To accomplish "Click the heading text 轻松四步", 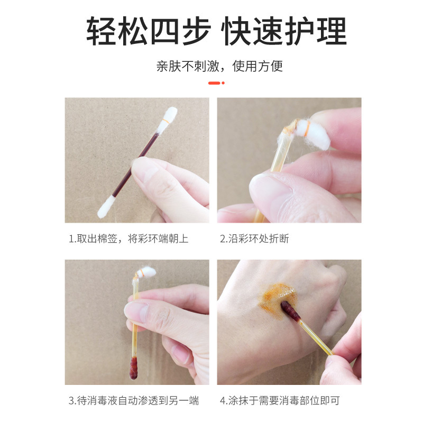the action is pyautogui.click(x=149, y=31).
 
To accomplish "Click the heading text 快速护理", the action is pyautogui.click(x=284, y=31).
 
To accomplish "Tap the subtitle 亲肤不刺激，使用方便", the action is pyautogui.click(x=219, y=66).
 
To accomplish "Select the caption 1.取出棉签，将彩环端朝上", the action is pyautogui.click(x=128, y=239).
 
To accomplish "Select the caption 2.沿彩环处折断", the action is pyautogui.click(x=254, y=239).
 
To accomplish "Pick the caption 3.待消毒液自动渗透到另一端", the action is pyautogui.click(x=134, y=400).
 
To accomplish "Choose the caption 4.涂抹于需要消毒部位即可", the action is pyautogui.click(x=280, y=400).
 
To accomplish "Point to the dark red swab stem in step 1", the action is pyautogui.click(x=135, y=165).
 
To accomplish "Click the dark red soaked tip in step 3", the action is pyautogui.click(x=134, y=367).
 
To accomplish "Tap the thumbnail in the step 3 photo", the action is pyautogui.click(x=137, y=312).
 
